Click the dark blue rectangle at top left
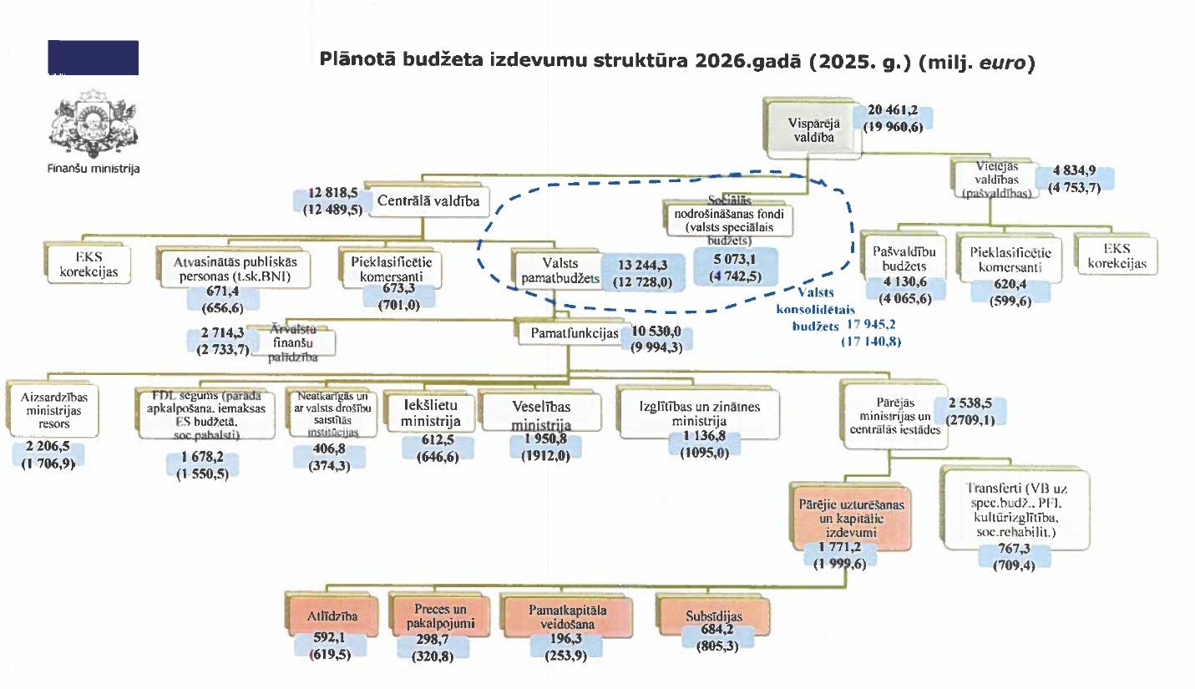click(x=93, y=58)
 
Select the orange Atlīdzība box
click(x=332, y=617)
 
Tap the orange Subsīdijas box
click(x=707, y=616)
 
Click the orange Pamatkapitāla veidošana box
click(x=560, y=616)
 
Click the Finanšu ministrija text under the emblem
click(x=94, y=169)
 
